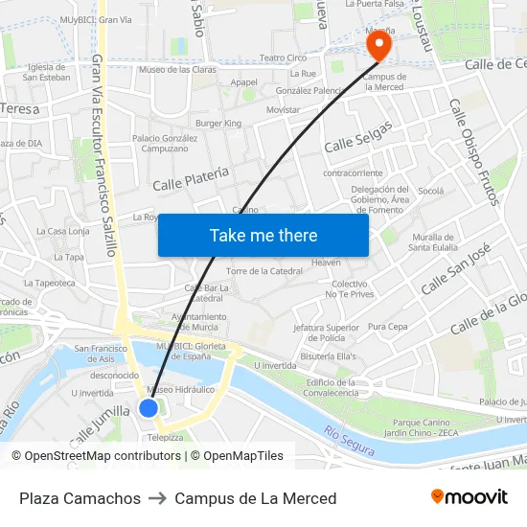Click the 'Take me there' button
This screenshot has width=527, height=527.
263,235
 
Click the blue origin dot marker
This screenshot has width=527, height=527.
149,408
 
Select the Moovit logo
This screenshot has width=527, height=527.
469,497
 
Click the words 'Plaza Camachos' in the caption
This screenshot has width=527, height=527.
80,498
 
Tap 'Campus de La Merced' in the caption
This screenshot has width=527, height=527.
256,498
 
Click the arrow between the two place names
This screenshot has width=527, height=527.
157,498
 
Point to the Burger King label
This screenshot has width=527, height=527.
218,124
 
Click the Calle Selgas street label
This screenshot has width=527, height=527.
358,137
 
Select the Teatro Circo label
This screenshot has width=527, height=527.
284,57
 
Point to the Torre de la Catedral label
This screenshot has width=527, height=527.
264,271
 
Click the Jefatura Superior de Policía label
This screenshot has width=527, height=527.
327,332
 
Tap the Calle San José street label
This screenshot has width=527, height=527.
456,268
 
